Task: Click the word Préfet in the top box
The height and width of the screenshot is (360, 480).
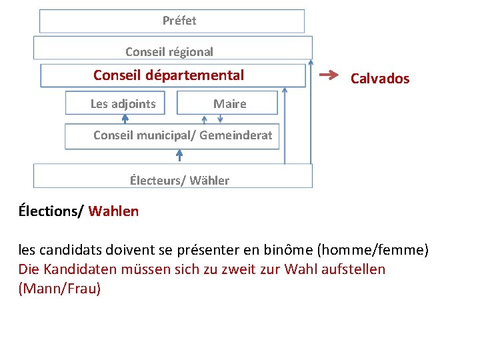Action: tap(179, 21)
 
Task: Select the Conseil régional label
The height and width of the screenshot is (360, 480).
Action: tap(169, 51)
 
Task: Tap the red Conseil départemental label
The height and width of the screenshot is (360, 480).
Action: tap(169, 75)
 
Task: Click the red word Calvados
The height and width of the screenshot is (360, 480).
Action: tap(380, 79)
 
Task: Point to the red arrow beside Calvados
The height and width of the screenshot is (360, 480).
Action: tap(329, 75)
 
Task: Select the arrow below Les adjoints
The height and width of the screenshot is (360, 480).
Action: tap(125, 119)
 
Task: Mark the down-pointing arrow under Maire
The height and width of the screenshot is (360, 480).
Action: tap(221, 119)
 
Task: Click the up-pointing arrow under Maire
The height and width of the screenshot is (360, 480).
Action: tap(205, 119)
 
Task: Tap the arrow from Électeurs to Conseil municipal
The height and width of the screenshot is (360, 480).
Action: tap(179, 155)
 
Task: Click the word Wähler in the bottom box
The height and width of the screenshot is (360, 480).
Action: tap(209, 181)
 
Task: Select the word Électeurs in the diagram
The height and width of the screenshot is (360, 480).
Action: tap(155, 181)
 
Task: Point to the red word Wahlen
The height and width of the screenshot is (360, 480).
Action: tap(113, 212)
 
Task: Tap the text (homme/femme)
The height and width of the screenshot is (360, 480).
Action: tap(373, 251)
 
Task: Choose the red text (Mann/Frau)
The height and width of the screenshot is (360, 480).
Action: tap(60, 289)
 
